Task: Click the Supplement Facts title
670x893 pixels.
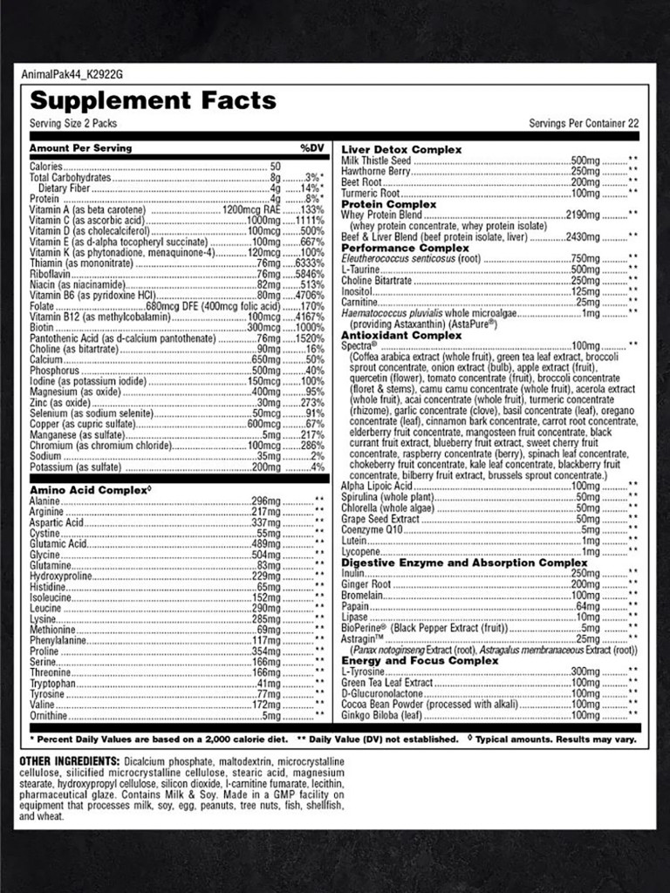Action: (153, 101)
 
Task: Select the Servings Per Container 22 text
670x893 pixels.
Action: (584, 124)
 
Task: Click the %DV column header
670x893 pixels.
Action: (311, 148)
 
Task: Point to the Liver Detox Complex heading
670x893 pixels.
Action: (401, 150)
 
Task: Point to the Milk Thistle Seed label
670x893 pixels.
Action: (376, 161)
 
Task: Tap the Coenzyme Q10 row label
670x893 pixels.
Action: (373, 530)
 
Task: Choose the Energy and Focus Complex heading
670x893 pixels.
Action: (420, 661)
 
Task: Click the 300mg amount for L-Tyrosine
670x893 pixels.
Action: (585, 672)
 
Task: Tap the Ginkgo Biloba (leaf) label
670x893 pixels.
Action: (382, 715)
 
